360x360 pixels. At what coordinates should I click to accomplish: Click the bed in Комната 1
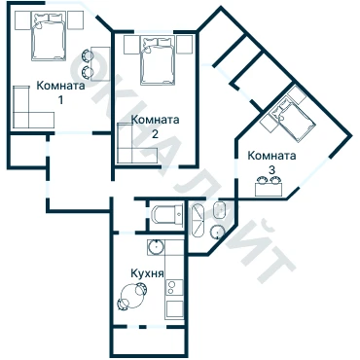[x=49, y=36]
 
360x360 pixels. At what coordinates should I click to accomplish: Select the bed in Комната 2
[x=158, y=60]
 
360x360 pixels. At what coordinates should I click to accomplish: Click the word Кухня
[x=147, y=273]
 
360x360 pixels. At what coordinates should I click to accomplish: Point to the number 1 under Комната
[x=60, y=100]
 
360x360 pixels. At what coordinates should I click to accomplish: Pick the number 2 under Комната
[x=155, y=133]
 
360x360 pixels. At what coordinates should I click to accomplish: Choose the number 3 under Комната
[x=271, y=169]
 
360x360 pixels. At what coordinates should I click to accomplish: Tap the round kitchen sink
[x=157, y=248]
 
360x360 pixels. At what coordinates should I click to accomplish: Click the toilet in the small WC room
[x=166, y=214]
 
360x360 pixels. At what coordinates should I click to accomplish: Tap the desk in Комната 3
[x=269, y=190]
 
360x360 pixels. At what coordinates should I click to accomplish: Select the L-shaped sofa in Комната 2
[x=135, y=148]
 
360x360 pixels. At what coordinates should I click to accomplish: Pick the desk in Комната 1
[x=100, y=64]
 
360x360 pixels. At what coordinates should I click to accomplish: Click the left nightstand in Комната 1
[x=22, y=20]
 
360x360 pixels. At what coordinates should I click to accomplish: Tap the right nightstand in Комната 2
[x=184, y=45]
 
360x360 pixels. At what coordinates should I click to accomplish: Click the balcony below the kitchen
[x=149, y=340]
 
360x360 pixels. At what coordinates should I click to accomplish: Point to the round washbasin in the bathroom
[x=217, y=232]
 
